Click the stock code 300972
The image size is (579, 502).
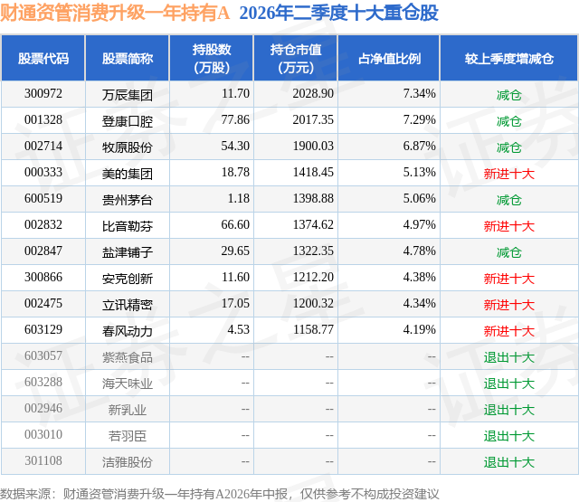pos(43,94)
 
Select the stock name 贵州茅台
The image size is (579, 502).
pos(128,200)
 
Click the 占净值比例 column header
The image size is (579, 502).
pos(390,58)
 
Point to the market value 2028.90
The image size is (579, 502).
pos(313,94)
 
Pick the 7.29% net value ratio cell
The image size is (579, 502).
pos(419,120)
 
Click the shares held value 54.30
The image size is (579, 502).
pos(235,147)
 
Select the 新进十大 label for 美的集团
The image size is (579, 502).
pos(509,174)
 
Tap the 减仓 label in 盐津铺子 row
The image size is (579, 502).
pos(509,252)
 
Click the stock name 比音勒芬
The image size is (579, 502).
pos(128,226)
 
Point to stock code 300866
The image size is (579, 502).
pos(43,277)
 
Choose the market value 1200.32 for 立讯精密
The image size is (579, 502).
pos(313,303)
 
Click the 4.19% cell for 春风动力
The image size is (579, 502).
pos(419,329)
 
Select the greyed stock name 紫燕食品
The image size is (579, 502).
pos(128,357)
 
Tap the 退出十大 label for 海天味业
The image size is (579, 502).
pos(509,384)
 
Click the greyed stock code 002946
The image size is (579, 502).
pos(43,408)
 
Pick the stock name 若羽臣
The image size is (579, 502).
pos(128,436)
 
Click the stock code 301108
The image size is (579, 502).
pos(43,460)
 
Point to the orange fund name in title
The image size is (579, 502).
pos(115,13)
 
